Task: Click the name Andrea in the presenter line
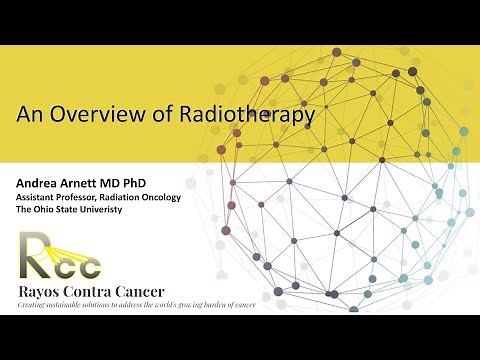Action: (x=39, y=184)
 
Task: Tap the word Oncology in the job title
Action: (x=160, y=198)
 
